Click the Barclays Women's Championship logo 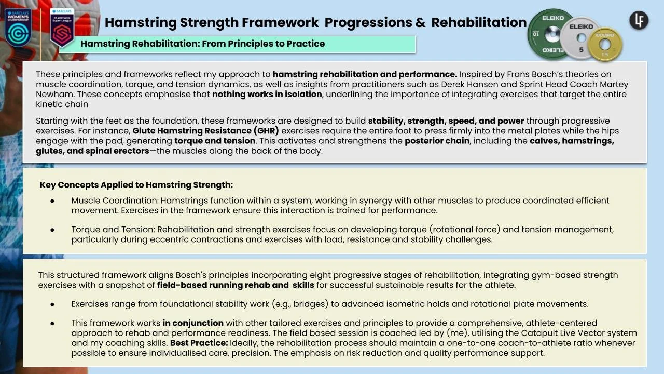point(18,28)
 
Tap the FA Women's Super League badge point(62,28)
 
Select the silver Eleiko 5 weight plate point(580,38)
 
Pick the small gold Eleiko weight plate point(605,44)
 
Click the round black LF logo point(639,20)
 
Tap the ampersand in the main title point(420,22)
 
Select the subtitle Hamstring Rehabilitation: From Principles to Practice point(203,44)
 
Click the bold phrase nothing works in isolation point(267,95)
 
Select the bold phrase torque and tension point(215,141)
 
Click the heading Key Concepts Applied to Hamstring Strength point(136,185)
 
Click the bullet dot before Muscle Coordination point(52,201)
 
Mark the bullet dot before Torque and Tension point(52,230)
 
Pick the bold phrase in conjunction point(193,323)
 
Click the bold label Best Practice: point(199,343)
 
